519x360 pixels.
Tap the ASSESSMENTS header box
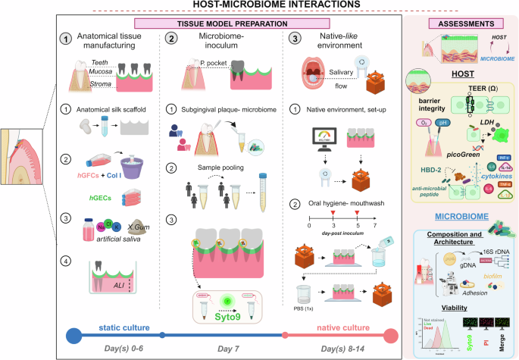click(x=462, y=23)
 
